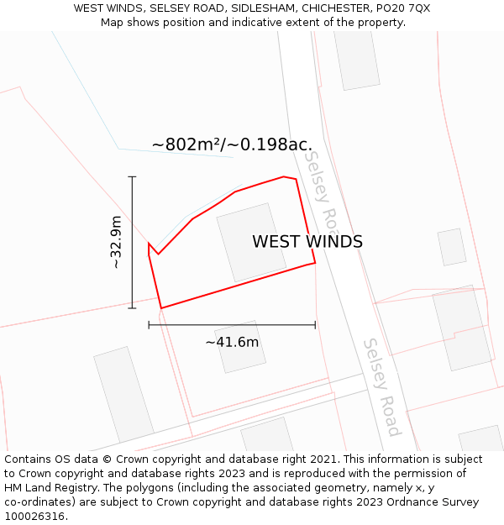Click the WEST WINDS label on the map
[307, 242]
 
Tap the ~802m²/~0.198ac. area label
[232, 144]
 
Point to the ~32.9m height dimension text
[117, 243]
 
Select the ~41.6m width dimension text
[232, 342]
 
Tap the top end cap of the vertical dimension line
[132, 177]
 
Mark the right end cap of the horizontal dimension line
[315, 324]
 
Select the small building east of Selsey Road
[452, 247]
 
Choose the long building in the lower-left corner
[123, 394]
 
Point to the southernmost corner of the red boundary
[160, 308]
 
